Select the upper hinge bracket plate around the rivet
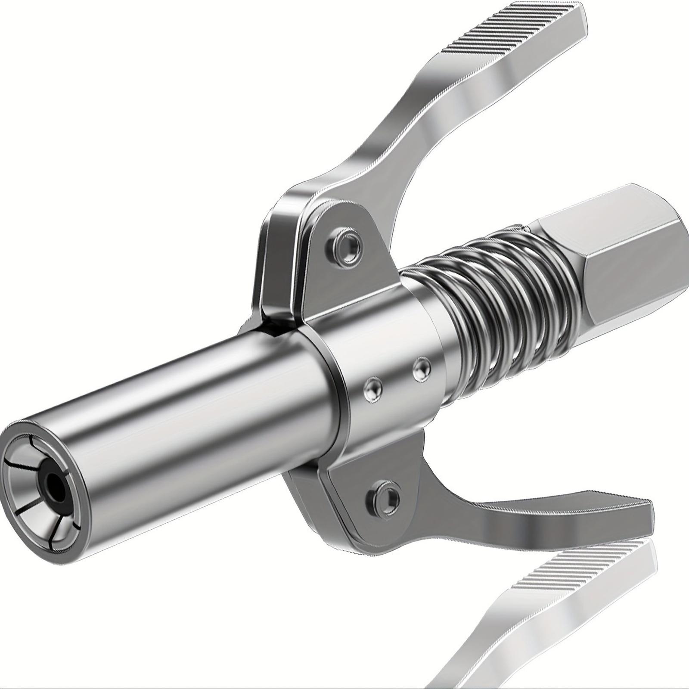pyautogui.click(x=323, y=258)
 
